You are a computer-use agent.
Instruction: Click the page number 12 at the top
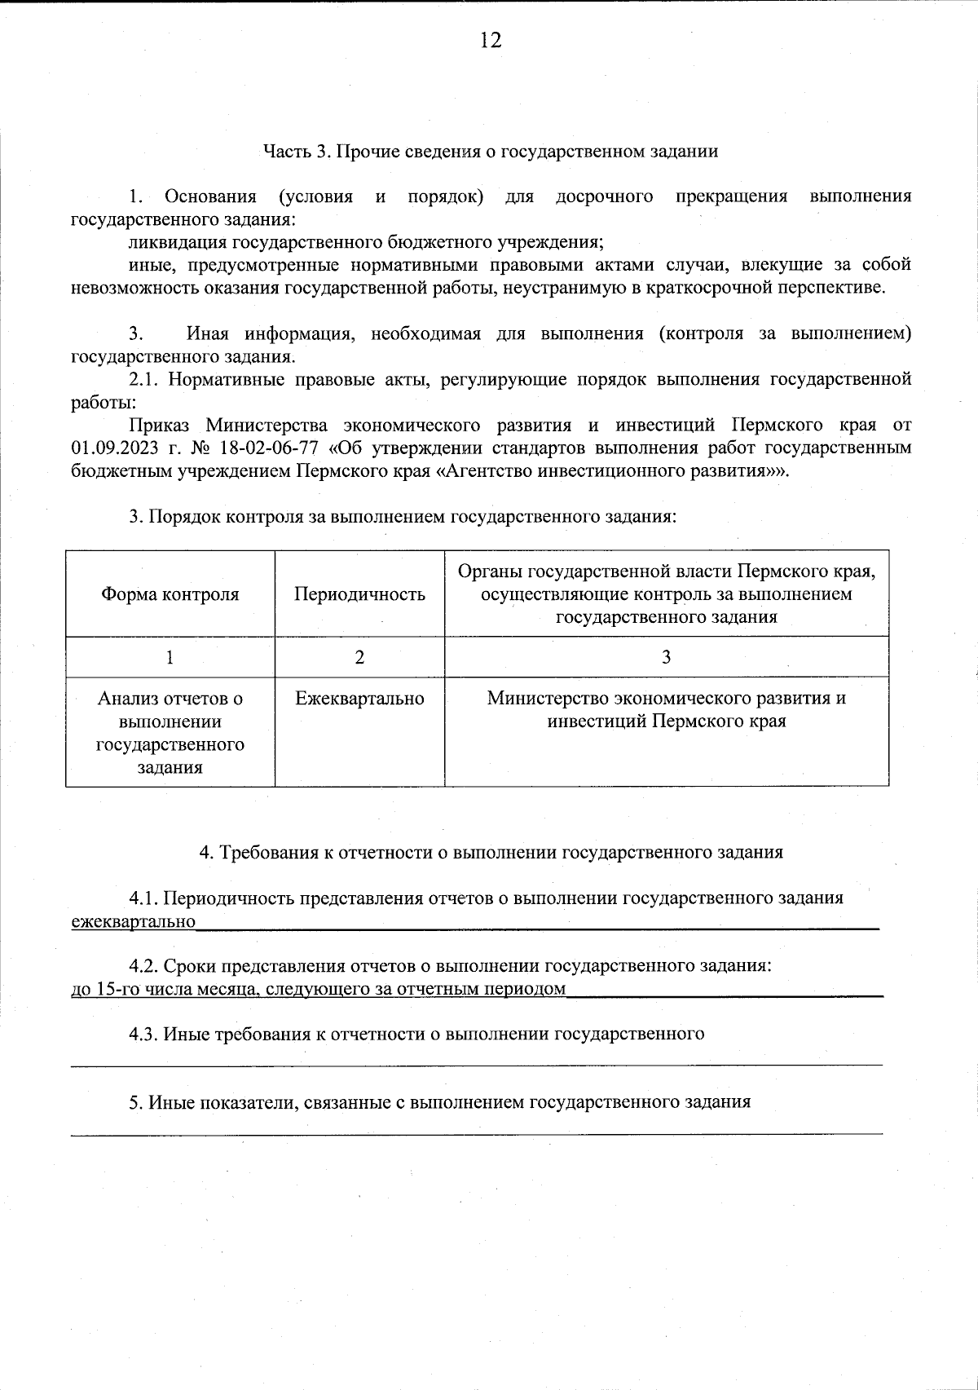(x=490, y=41)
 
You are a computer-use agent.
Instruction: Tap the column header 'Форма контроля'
(x=170, y=594)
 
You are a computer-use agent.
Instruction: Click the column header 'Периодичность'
(x=359, y=594)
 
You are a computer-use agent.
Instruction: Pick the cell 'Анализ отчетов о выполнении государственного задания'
(x=170, y=732)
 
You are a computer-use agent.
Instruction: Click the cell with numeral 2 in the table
(x=359, y=657)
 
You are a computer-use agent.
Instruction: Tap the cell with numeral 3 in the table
(x=666, y=657)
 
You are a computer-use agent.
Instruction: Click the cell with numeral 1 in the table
(x=170, y=657)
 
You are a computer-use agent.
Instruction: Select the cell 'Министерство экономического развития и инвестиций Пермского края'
(x=666, y=710)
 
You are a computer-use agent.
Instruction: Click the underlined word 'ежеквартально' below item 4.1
(x=134, y=922)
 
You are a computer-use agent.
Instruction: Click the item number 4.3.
(x=143, y=1035)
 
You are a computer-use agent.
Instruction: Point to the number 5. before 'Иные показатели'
(x=136, y=1102)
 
